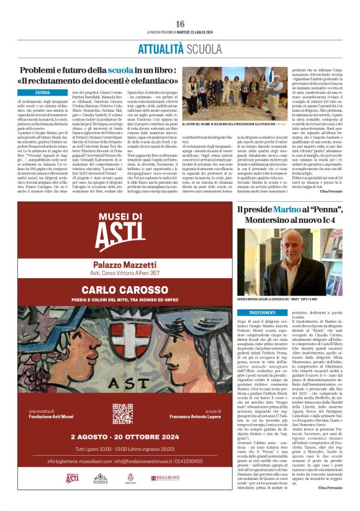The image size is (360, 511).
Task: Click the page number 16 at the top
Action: pyautogui.click(x=180, y=23)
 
